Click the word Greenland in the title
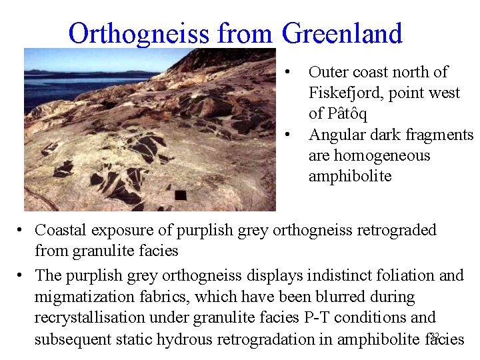click(x=342, y=33)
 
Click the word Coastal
click(x=61, y=230)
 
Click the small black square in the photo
click(x=180, y=195)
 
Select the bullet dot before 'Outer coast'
click(x=287, y=72)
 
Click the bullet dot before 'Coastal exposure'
click(x=21, y=231)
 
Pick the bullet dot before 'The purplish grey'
click(x=21, y=276)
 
